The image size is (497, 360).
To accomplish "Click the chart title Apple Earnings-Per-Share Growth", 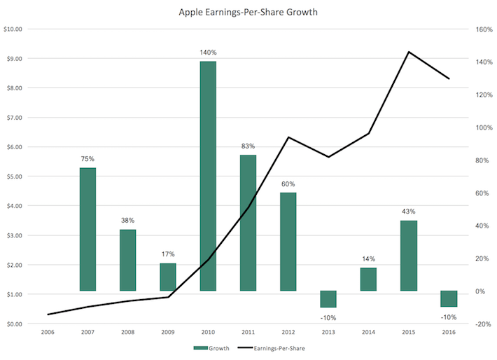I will coord(248,12).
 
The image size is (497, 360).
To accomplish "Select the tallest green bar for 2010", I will coord(208,176).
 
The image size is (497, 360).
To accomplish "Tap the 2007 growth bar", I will coord(87,229).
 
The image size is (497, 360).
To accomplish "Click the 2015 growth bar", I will coord(409,255).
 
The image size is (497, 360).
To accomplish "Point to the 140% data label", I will coord(208,53).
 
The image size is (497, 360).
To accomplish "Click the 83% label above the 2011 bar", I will coord(248,146).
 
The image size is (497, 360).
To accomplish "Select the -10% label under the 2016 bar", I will coord(449,317).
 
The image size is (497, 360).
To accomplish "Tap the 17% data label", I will coord(168,254).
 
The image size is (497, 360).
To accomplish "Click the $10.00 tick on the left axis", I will coord(13,29).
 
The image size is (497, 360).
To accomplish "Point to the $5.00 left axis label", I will coord(13,176).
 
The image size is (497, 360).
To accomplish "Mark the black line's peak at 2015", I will coord(409,52).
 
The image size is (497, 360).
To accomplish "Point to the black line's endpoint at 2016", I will coord(449,78).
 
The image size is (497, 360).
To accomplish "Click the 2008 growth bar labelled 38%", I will coord(127,260).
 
